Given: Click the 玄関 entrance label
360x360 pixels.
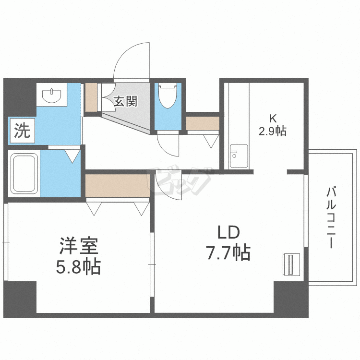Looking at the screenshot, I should (x=125, y=101).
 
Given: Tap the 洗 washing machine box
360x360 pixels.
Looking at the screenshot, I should (x=21, y=131).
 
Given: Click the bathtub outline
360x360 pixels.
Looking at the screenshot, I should (x=24, y=173).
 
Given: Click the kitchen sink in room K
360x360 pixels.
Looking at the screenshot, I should (x=239, y=156).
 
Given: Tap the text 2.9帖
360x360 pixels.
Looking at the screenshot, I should (x=272, y=131).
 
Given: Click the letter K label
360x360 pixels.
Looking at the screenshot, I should (x=272, y=119).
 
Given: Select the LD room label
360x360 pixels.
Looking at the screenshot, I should (x=228, y=234).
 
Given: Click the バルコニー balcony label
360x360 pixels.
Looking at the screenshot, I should (x=331, y=218).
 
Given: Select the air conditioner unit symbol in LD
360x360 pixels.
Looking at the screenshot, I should (x=291, y=265).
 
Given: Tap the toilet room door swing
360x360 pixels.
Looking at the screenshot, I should (x=168, y=144).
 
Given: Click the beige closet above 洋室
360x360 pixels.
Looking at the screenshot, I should (x=117, y=185).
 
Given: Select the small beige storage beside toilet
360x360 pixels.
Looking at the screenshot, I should (x=203, y=123).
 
